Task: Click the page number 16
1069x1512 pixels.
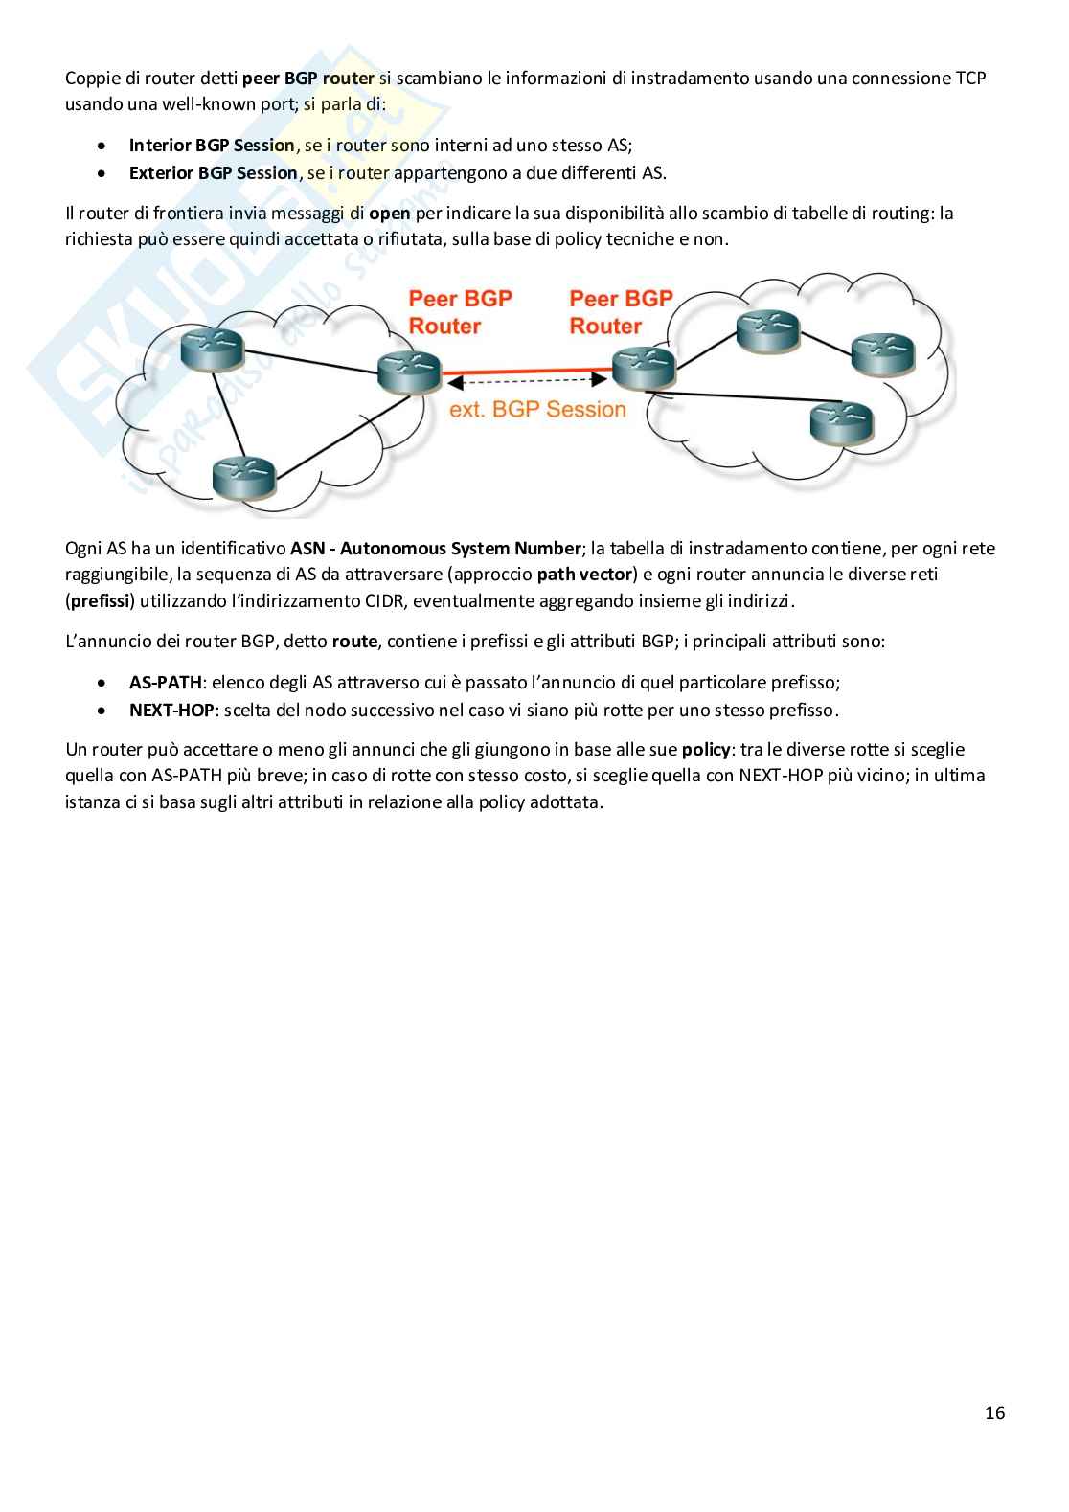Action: click(994, 1412)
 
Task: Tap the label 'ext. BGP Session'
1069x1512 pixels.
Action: click(537, 410)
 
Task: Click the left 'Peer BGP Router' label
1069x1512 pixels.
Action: click(460, 312)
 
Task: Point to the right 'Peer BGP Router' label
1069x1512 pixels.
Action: click(621, 312)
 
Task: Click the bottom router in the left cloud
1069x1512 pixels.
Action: click(243, 473)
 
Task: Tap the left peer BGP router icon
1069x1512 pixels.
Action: click(408, 372)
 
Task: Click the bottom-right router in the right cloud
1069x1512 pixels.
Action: click(842, 421)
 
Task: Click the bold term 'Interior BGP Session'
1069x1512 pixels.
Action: click(212, 146)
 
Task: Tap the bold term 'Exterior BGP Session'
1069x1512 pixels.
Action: click(213, 173)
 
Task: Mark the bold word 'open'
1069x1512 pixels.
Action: click(389, 214)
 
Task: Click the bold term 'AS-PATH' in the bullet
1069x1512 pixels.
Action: click(166, 683)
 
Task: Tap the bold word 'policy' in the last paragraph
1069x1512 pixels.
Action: click(705, 749)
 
